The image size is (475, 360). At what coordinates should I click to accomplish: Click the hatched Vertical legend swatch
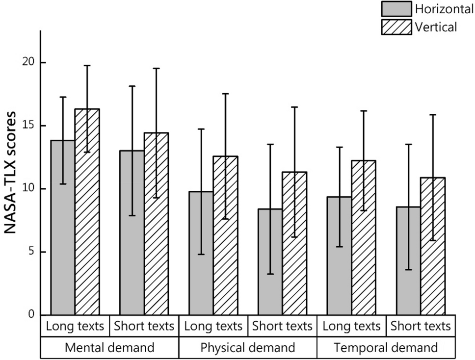pos(396,26)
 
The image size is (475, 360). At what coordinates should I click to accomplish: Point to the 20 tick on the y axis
pos(42,63)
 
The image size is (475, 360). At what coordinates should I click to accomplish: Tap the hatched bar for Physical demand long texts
pos(225,235)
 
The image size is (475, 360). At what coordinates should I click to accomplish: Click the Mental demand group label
pos(109,348)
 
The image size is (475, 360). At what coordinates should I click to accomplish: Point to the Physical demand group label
pos(248,348)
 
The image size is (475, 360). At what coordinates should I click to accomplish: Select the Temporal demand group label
pos(386,348)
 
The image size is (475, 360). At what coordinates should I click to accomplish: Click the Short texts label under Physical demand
pos(282,326)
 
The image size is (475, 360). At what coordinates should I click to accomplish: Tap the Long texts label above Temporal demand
pos(351,326)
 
